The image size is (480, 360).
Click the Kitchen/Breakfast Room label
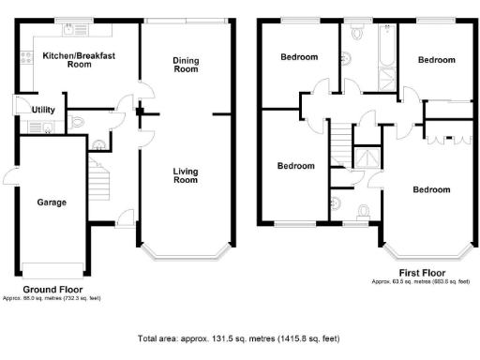(x=79, y=61)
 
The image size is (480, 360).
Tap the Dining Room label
(x=186, y=66)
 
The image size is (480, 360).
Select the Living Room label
(x=186, y=174)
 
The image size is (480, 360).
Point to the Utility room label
(x=43, y=110)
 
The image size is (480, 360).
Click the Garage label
(x=51, y=202)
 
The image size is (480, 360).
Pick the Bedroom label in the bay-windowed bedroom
(x=431, y=189)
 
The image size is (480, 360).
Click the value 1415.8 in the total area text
(x=292, y=337)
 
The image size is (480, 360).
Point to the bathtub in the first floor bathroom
(x=385, y=44)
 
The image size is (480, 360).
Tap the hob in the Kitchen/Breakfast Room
(x=24, y=60)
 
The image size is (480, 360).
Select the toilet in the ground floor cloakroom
(x=78, y=120)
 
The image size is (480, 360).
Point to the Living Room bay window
(x=185, y=252)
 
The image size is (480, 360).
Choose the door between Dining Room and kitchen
(x=142, y=92)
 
